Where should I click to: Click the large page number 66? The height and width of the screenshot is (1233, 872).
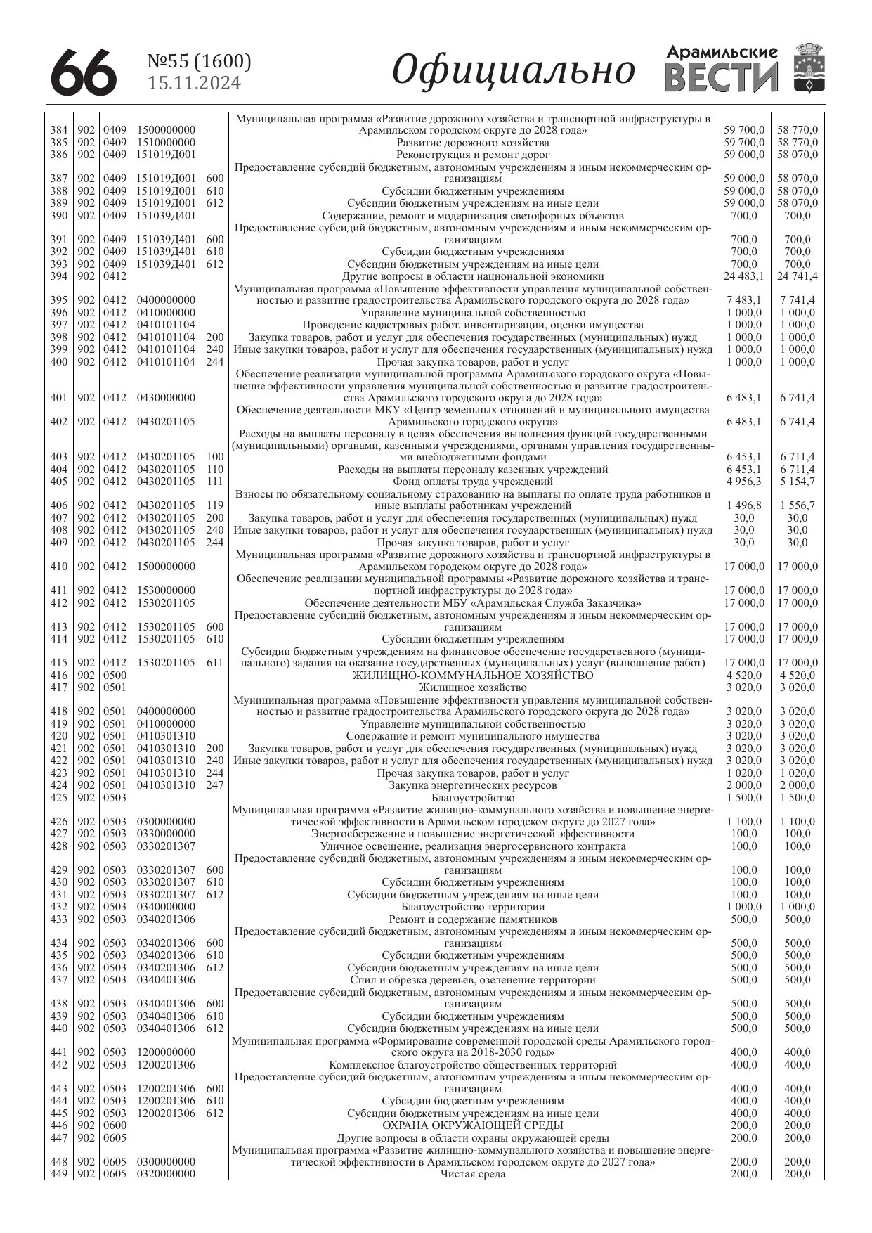(84, 72)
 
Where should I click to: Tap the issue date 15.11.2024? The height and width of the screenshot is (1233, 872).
(195, 84)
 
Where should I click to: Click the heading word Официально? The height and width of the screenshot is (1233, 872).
(513, 70)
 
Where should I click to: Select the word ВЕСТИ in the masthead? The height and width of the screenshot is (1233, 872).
(722, 77)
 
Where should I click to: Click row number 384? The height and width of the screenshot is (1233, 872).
(59, 130)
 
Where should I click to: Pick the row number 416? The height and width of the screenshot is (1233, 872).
(59, 676)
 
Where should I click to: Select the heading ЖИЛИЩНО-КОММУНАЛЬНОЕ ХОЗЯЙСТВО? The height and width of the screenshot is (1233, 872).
(472, 676)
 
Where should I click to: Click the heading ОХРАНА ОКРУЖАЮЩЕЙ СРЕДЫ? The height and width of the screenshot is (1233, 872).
(472, 1125)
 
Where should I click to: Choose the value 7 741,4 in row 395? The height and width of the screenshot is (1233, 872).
(798, 300)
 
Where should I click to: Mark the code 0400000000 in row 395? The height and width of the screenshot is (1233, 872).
(166, 300)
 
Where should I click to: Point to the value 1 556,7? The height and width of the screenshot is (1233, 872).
(798, 505)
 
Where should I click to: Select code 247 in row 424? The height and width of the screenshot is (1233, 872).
(215, 785)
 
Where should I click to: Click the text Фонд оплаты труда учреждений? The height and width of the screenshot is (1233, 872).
(472, 482)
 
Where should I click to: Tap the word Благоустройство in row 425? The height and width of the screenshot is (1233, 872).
(472, 798)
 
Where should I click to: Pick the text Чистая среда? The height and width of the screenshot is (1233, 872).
(472, 1174)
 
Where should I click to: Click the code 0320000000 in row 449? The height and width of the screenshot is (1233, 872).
(166, 1174)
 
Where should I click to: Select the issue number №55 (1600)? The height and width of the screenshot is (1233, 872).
(199, 62)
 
